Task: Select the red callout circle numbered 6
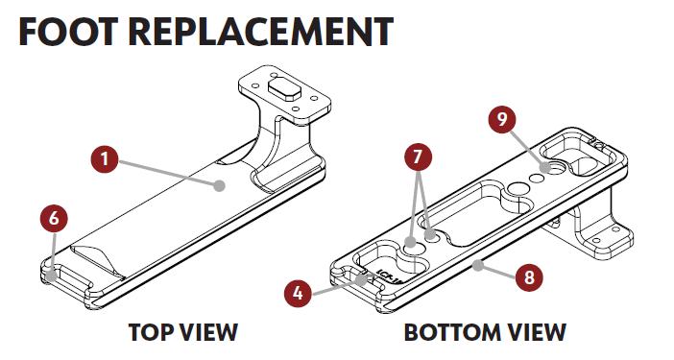coord(55,218)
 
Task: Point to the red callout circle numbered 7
coord(420,156)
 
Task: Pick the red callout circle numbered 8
coord(526,278)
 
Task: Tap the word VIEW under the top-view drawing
coord(205,333)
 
